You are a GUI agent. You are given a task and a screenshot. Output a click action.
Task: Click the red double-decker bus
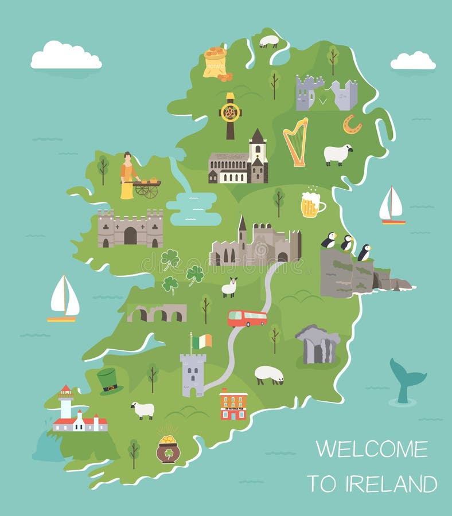coord(247,318)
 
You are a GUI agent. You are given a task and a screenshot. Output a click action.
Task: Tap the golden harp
coord(296,142)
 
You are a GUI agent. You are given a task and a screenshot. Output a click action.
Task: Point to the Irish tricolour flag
coord(201,342)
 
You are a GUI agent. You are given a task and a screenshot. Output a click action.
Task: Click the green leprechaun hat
coord(109,381)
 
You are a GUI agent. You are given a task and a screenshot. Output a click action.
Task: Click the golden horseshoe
coord(352,124)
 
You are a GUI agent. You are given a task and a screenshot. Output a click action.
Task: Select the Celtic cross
coord(231,115)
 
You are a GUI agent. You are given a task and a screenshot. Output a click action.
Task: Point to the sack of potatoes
coord(215,62)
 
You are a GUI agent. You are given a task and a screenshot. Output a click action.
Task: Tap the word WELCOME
coord(372,449)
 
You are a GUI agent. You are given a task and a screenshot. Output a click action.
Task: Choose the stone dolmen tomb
coord(318,344)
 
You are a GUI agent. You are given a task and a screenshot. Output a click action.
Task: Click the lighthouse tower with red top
coord(66,401)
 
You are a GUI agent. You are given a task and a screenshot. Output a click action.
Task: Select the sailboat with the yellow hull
coord(64,299)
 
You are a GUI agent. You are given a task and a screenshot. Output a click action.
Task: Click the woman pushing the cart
coord(127,175)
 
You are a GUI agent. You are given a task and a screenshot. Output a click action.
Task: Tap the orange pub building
coord(233,404)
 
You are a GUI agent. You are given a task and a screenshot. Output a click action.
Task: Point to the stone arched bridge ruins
coord(157,312)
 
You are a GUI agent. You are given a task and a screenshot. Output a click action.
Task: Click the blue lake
coord(195,208)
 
